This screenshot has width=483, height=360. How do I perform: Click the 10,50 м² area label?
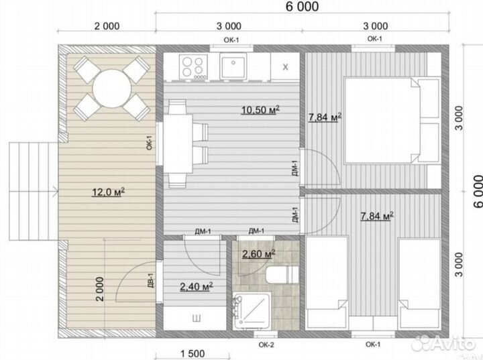click(260, 110)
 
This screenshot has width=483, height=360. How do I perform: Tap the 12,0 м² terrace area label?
click(109, 192)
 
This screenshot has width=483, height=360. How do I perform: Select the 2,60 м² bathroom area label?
click(258, 254)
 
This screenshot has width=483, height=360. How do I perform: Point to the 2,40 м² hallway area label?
click(197, 287)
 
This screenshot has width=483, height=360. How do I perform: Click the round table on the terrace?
click(112, 88)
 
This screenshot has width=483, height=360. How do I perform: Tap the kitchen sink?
click(233, 66)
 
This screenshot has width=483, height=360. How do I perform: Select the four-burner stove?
click(193, 66)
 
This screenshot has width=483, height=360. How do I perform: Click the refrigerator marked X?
click(285, 67)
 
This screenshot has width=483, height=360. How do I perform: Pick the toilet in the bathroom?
click(282, 275)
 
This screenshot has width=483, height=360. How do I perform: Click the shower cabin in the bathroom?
click(252, 310)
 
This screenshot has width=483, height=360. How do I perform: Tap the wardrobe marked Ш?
click(195, 318)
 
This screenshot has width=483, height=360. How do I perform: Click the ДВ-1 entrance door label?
click(150, 280)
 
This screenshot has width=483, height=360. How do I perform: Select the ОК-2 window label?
click(266, 345)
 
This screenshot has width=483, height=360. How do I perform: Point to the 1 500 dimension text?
click(193, 354)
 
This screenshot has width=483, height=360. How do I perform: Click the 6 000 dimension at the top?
click(302, 7)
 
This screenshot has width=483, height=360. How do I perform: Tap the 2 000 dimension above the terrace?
click(107, 26)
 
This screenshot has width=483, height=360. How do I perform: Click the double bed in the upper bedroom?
click(391, 120)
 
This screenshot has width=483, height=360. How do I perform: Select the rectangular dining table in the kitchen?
click(178, 143)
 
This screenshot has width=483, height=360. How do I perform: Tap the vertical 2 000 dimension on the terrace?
click(100, 289)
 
